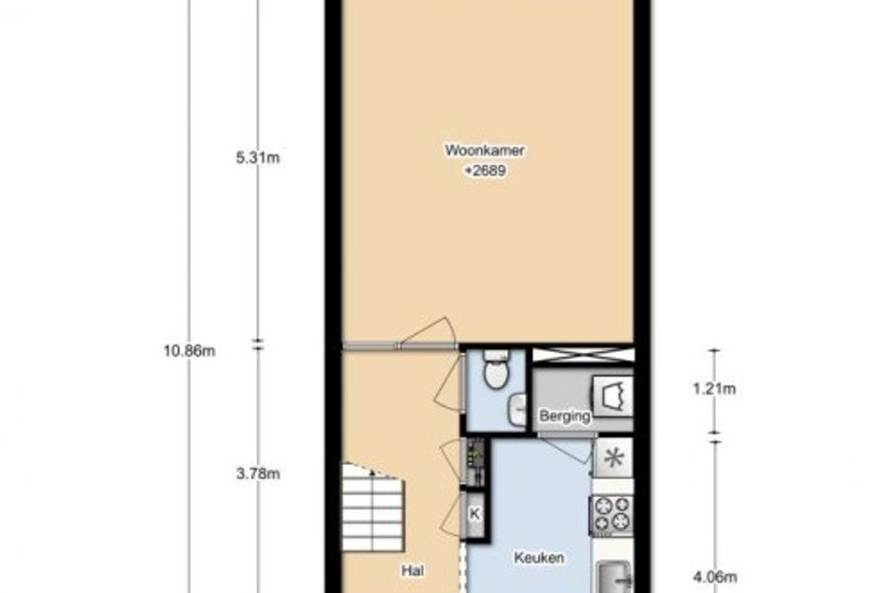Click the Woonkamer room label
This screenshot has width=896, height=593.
point(485,151)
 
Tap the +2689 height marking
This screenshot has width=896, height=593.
point(485,171)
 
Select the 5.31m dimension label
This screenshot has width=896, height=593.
point(258,158)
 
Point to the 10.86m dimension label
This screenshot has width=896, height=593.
point(189,350)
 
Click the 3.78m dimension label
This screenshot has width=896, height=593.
point(258,473)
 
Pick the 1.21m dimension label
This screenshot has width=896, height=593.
point(714,389)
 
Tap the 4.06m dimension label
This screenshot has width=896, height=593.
point(714,577)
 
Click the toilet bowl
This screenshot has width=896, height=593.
point(497,369)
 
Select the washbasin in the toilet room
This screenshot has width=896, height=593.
point(518,410)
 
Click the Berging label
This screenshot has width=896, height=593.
point(564,416)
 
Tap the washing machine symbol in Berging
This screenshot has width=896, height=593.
point(613,395)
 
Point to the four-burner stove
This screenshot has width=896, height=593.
point(612,514)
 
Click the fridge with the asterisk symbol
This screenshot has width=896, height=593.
point(613,458)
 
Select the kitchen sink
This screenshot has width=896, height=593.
point(614,578)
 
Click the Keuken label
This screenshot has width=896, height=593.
point(539,557)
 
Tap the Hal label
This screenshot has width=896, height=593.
point(412,570)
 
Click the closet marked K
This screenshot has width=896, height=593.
point(474,514)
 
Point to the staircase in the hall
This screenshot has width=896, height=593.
point(373,508)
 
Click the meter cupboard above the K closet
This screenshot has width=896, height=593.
point(475,462)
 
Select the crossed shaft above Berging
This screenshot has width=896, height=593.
point(583,355)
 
